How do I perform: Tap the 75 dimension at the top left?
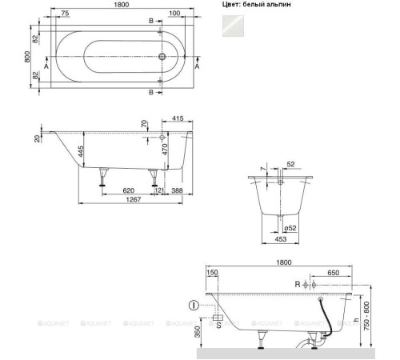click(x=63, y=14)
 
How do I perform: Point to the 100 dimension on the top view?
click(x=174, y=14)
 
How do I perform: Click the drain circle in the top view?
click(x=163, y=57)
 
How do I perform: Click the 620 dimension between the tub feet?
click(x=128, y=190)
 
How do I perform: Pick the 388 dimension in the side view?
click(x=177, y=190)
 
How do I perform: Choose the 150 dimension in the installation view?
click(x=211, y=273)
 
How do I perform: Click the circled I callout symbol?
click(x=194, y=304)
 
